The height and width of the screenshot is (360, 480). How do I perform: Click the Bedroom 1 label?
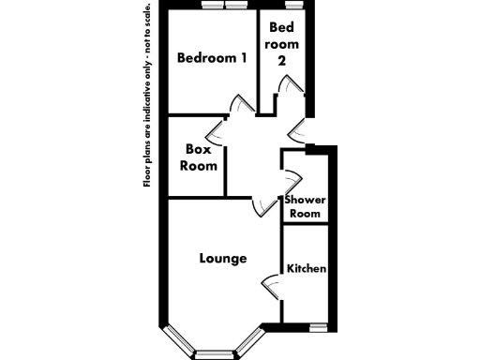(x=213, y=58)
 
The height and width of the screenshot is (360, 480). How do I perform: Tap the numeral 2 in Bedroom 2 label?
(x=281, y=59)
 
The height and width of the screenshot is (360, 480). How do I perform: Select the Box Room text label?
(x=200, y=157)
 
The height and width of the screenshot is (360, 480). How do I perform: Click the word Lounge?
(x=223, y=258)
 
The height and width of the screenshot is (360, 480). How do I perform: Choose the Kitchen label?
(x=306, y=269)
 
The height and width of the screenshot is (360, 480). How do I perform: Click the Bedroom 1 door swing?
(x=242, y=105)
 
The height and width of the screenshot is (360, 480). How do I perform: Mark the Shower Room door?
(x=292, y=179)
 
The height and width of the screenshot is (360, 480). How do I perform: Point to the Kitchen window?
(x=318, y=327)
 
